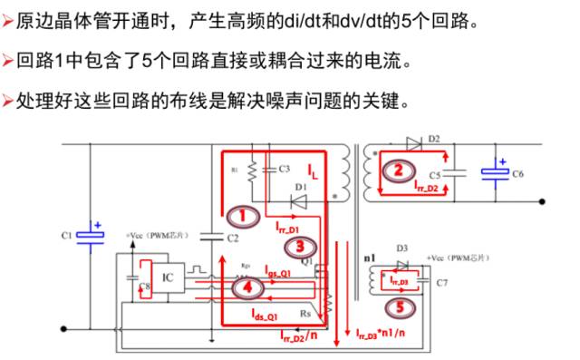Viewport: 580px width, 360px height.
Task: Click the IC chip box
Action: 167,273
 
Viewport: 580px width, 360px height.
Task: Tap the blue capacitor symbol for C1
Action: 92,235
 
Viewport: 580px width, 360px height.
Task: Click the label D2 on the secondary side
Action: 434,138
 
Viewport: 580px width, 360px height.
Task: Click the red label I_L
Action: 312,170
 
